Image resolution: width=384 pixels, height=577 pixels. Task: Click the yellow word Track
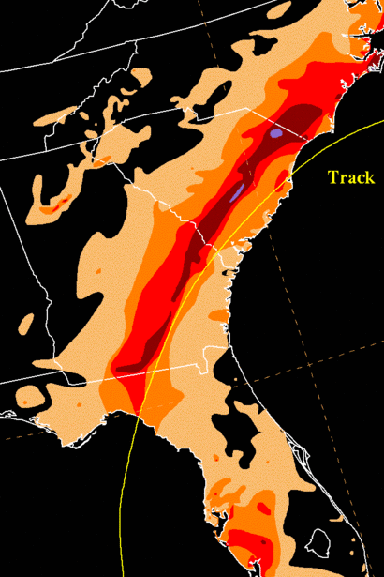351,177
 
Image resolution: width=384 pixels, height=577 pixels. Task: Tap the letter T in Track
332,177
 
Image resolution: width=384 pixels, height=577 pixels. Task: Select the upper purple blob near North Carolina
274,134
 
